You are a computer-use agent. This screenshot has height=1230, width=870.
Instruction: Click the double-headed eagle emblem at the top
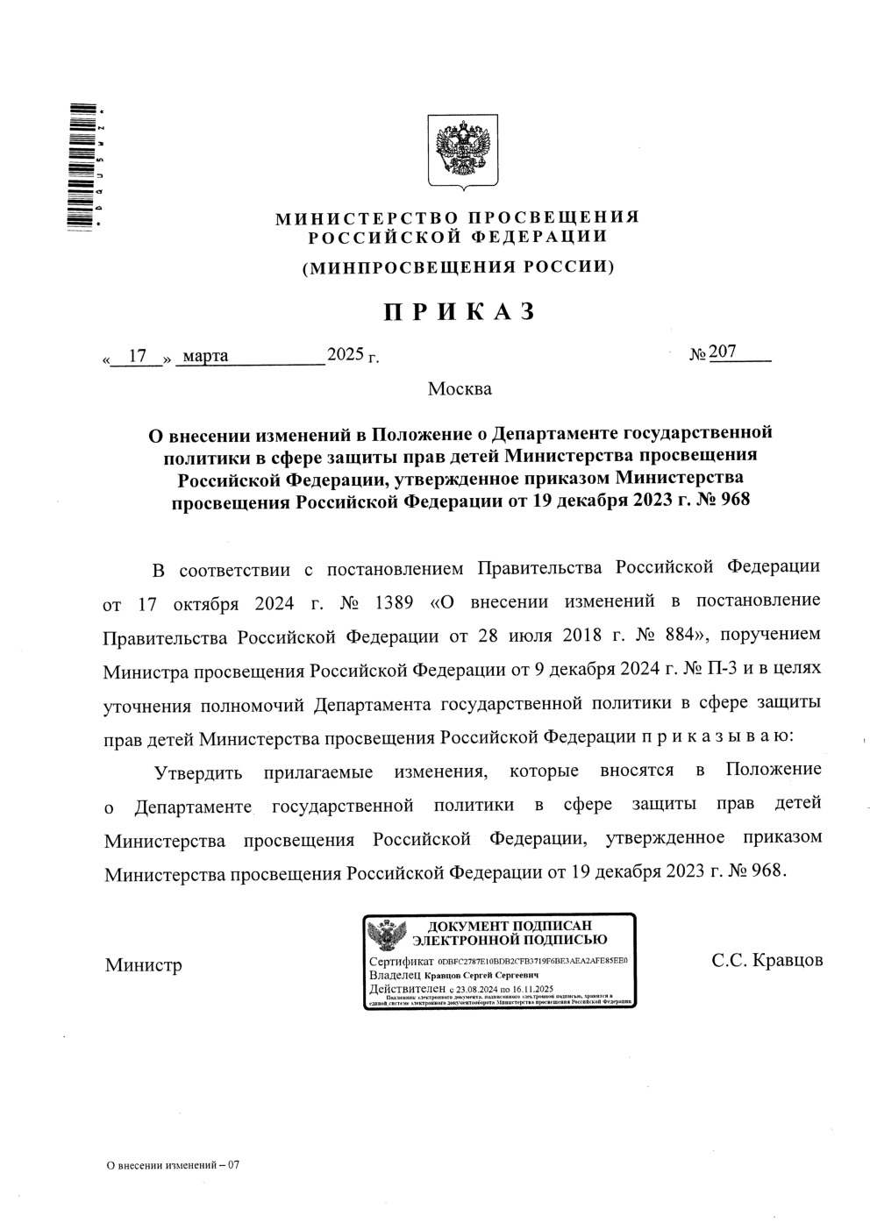[462, 152]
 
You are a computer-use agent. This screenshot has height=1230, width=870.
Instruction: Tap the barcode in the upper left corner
[82, 167]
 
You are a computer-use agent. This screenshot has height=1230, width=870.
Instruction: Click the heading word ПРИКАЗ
[457, 311]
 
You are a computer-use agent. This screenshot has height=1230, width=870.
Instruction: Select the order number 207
[723, 352]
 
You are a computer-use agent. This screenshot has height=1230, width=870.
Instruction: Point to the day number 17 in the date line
[137, 356]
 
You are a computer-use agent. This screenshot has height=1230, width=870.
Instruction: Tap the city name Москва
[460, 388]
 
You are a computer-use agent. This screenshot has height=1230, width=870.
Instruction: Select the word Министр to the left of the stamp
[144, 965]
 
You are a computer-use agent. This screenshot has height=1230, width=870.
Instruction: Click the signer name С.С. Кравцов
[767, 959]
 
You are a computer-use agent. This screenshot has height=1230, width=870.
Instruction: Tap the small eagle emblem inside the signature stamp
[386, 935]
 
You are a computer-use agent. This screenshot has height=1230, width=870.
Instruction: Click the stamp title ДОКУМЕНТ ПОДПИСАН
[510, 926]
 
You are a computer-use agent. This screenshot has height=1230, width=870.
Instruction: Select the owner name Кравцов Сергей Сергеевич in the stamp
[481, 975]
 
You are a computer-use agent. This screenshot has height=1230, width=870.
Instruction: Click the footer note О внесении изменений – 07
[172, 1165]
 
